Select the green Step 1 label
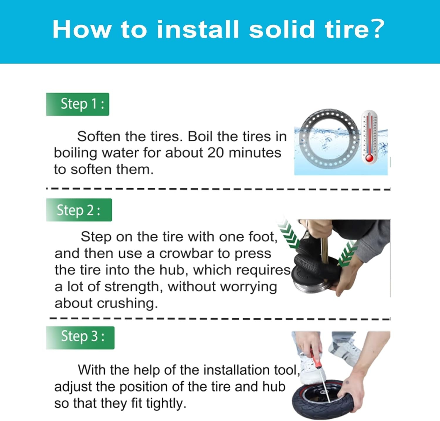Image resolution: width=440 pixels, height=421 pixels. click(77, 104)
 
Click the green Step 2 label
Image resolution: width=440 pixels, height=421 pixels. click(79, 210)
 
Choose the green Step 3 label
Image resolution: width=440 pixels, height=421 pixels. click(80, 337)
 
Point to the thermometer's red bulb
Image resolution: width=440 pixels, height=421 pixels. click(369, 158)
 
